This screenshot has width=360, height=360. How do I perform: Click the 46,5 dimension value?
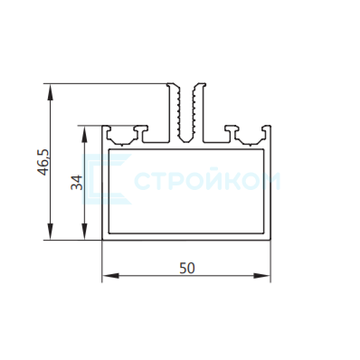pyautogui.click(x=43, y=162)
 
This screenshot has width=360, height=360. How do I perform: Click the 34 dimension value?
pyautogui.click(x=77, y=183)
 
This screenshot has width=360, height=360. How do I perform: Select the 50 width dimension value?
pyautogui.click(x=187, y=268)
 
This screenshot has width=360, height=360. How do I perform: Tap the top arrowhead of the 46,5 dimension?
pyautogui.click(x=51, y=92)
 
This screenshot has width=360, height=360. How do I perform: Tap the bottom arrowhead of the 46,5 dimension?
pyautogui.click(x=51, y=232)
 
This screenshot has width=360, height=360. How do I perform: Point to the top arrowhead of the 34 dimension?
pyautogui.click(x=85, y=134)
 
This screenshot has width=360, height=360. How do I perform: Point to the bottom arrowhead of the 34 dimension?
pyautogui.click(x=85, y=232)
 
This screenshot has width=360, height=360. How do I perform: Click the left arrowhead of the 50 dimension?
pyautogui.click(x=110, y=275)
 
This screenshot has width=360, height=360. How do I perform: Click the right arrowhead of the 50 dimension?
pyautogui.click(x=261, y=275)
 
